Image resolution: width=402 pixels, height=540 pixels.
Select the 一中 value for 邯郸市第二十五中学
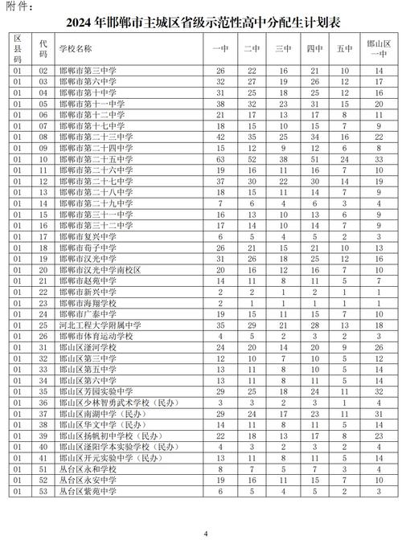[220, 160]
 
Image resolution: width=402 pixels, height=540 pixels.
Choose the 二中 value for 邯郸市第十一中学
[252, 104]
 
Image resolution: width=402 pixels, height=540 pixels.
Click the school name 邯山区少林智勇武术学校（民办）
[111, 403]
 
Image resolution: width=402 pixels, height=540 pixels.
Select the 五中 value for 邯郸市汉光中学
[345, 260]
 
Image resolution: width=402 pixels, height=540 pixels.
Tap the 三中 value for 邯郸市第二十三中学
[283, 137]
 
